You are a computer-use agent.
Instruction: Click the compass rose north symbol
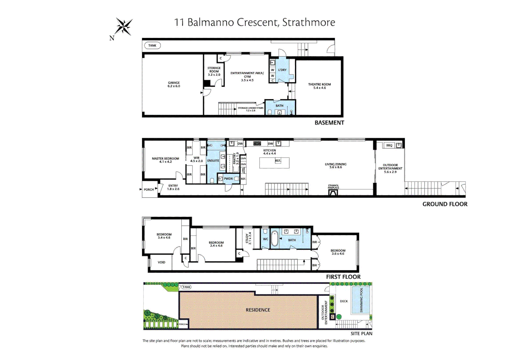pos(124,27)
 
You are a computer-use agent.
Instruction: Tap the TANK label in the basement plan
pos(152,46)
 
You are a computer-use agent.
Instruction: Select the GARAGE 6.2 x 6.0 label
pos(174,84)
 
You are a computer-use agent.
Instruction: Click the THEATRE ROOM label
pos(319,86)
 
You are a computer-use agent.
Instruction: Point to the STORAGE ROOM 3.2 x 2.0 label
pos(214,71)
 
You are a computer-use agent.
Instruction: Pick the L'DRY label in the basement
pos(282,70)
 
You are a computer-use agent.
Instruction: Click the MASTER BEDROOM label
pos(165,160)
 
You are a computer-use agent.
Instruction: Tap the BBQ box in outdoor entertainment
pos(389,145)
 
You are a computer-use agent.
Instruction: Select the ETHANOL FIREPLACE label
pos(333,187)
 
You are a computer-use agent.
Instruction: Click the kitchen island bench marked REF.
pos(274,163)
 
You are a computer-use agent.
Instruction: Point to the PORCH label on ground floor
pos(149,190)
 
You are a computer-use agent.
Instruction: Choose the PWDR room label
pos(228,179)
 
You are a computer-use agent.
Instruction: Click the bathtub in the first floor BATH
pos(274,239)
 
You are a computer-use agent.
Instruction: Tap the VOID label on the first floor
pos(161,262)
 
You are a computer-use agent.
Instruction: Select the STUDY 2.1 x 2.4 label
pos(248,238)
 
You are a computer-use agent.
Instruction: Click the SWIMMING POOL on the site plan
pos(361,300)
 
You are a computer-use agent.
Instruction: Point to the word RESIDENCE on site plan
pos(258,310)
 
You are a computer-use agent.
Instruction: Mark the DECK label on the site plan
pos(344,301)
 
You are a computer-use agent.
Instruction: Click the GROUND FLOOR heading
pos(445,204)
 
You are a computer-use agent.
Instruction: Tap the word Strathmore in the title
pos(308,22)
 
